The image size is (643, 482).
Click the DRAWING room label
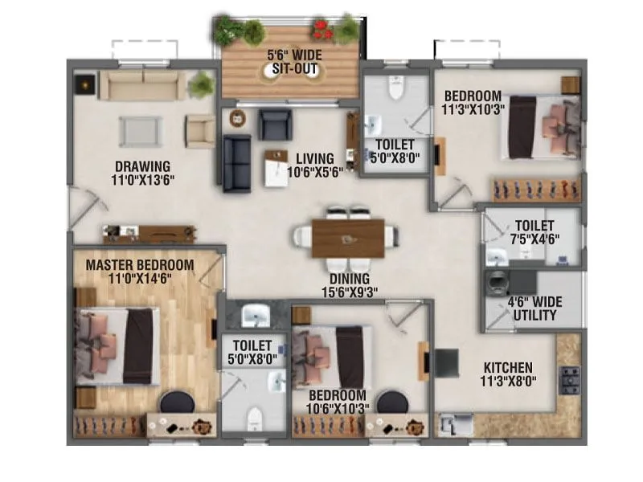click(142, 167)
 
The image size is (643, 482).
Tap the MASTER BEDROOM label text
click(140, 264)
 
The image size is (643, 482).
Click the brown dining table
click(348, 239)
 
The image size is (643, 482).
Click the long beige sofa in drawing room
click(142, 84)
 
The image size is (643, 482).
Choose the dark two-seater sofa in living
click(236, 162)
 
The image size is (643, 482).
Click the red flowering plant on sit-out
click(323, 29)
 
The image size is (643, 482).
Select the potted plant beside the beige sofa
click(201, 84)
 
